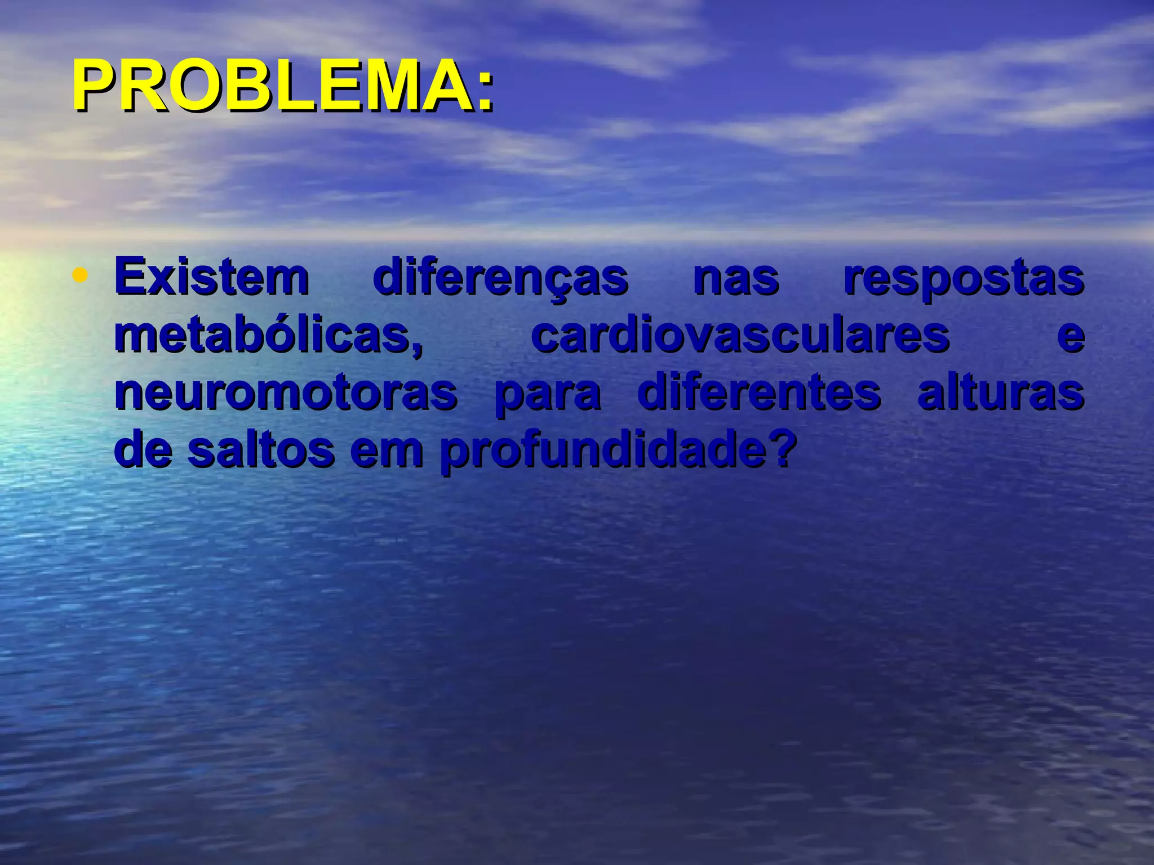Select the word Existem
pos(212,277)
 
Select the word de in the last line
pos(143,451)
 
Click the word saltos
pos(261,451)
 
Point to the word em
pos(387,451)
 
